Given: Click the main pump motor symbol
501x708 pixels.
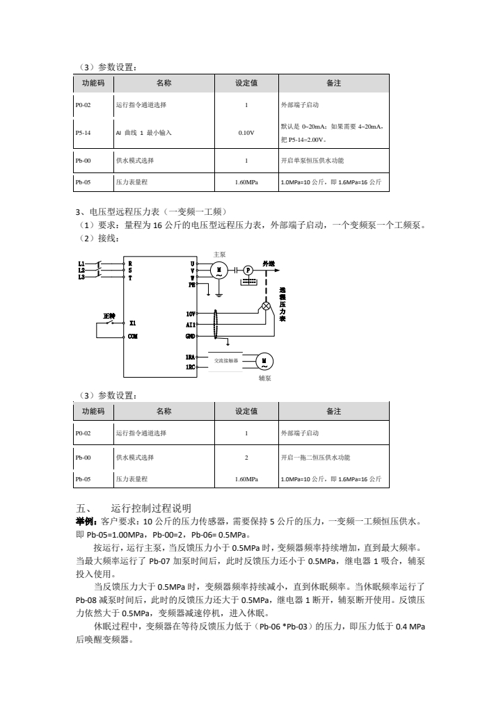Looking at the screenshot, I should coord(220,271).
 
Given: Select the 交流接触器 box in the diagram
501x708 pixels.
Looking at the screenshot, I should coord(226,360).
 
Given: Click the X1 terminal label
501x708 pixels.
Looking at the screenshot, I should coord(133,323).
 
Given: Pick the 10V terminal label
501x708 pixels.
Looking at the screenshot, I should coord(190,314).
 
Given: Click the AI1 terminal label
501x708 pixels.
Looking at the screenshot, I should coord(190,325).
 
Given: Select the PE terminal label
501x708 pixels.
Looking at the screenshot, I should coord(191,284).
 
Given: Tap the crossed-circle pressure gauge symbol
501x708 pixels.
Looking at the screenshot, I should coord(265,306).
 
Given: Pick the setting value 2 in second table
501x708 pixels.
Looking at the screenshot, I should coord(246,457).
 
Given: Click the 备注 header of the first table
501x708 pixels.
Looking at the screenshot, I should coord(333,83).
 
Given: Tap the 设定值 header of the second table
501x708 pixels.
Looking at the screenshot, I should coord(246,411).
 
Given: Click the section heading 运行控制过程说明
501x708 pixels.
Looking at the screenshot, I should coord(145,508).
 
